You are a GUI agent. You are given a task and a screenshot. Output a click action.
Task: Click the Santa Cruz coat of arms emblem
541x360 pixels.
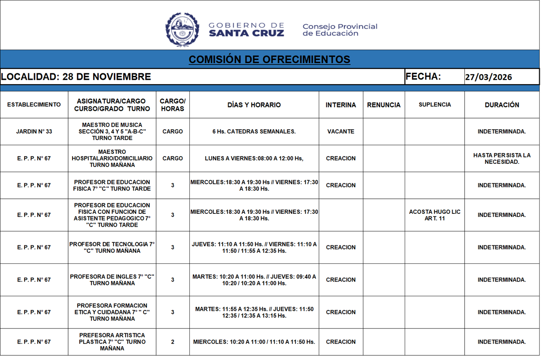click(x=182, y=29)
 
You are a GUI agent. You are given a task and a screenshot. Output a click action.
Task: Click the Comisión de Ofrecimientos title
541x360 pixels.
click(x=269, y=59)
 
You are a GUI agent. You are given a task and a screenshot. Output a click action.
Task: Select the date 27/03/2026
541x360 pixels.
click(x=488, y=77)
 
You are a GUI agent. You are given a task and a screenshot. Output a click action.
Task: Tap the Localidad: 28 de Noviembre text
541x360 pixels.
click(x=76, y=77)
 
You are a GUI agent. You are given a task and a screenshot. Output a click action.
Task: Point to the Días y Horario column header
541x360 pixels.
click(x=254, y=105)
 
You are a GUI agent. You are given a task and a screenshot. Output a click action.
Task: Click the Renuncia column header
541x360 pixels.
click(x=384, y=105)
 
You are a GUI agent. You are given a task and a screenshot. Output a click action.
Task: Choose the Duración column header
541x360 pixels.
click(x=502, y=105)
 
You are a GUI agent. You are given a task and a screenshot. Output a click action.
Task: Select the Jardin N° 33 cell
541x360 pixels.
click(x=34, y=131)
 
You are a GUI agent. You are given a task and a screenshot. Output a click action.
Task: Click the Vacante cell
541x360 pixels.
click(x=341, y=131)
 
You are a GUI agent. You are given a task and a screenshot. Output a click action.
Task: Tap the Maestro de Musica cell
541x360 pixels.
click(x=112, y=131)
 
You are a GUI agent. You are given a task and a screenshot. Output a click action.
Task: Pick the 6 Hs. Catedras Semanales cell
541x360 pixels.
click(x=254, y=131)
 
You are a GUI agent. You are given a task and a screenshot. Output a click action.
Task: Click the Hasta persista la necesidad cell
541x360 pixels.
click(x=502, y=158)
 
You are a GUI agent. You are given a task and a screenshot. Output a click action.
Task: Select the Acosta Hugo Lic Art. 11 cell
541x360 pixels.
click(x=434, y=215)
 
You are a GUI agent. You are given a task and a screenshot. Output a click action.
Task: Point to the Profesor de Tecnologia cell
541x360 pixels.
click(x=112, y=247)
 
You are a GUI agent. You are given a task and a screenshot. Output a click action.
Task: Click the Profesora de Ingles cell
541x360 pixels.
click(x=112, y=280)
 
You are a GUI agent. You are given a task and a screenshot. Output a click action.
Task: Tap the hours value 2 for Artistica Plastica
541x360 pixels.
click(x=173, y=342)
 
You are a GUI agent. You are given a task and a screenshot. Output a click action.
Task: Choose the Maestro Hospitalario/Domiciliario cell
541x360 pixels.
click(x=112, y=158)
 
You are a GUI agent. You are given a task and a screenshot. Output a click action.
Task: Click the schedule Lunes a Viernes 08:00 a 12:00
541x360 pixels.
click(x=254, y=158)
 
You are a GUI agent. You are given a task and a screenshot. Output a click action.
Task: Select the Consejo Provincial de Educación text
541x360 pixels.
click(x=340, y=30)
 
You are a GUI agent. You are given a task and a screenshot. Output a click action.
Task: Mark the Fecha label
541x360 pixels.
click(x=423, y=77)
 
